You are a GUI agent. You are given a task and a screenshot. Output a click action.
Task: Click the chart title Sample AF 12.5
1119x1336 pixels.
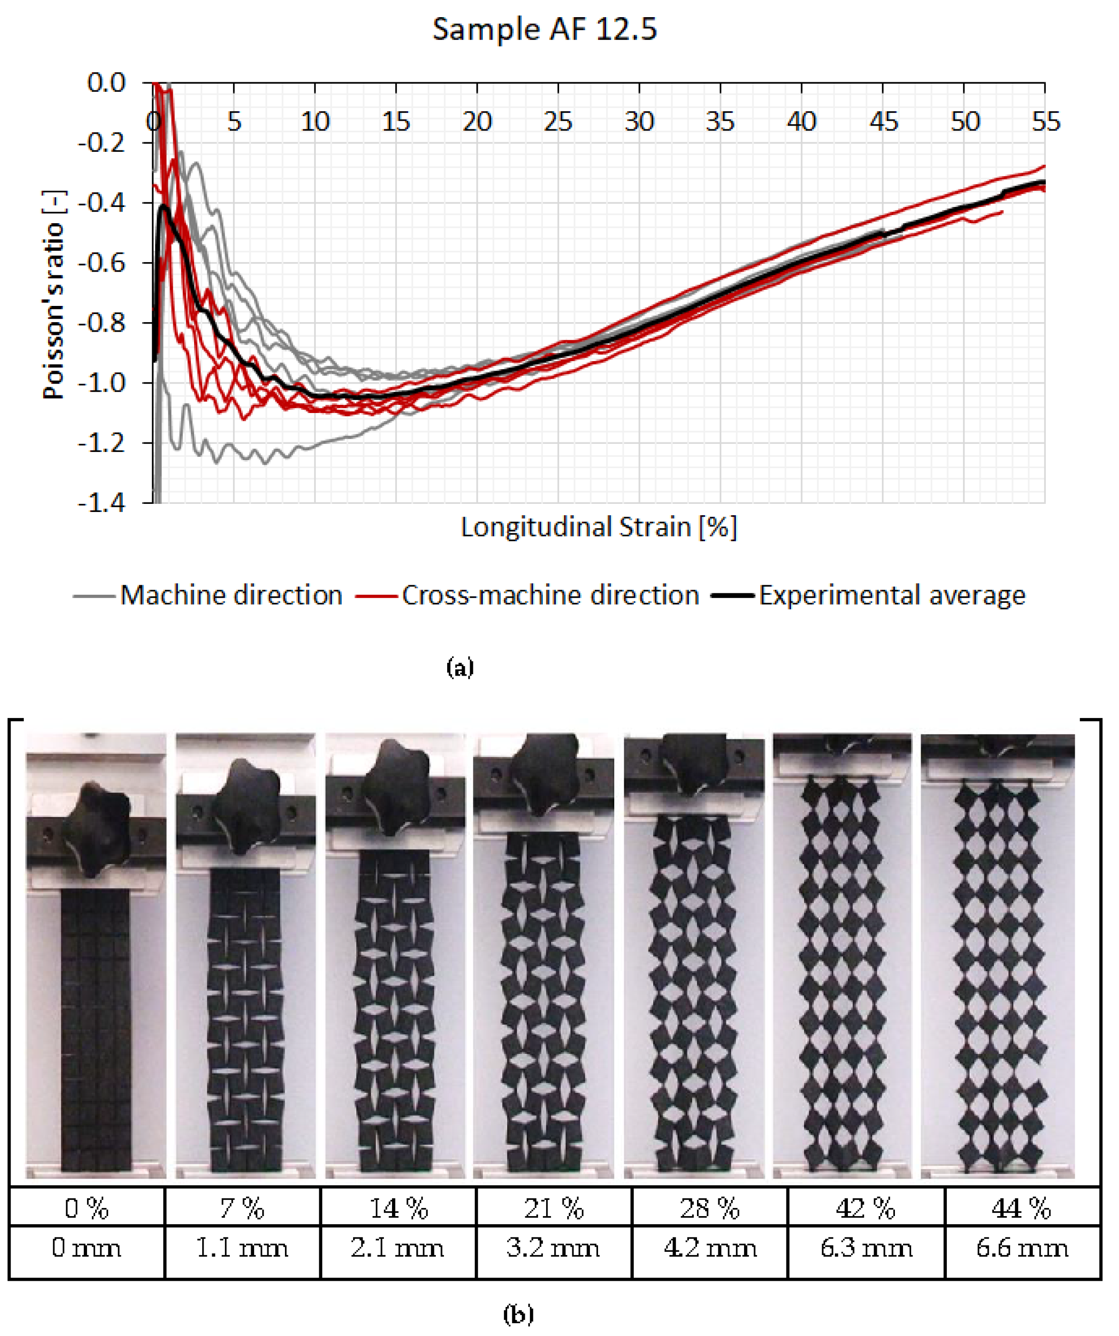(x=545, y=29)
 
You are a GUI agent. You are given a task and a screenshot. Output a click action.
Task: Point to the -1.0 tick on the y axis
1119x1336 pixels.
(x=102, y=383)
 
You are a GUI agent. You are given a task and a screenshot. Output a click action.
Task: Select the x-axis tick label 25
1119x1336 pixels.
(x=558, y=121)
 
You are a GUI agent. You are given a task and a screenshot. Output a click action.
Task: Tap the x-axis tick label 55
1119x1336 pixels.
(x=1045, y=121)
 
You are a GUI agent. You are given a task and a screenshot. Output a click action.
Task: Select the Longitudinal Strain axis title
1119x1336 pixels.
(x=598, y=527)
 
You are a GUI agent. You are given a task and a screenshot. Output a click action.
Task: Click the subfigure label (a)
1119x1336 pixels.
(x=460, y=668)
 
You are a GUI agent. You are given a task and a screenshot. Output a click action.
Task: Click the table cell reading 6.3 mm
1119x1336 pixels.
(x=866, y=1248)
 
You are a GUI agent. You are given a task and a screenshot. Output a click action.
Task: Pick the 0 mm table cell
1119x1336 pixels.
(x=87, y=1248)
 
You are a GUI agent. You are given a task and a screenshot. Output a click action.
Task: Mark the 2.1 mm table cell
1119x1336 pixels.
(x=398, y=1248)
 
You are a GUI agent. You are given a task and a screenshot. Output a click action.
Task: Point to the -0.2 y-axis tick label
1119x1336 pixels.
(x=102, y=143)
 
